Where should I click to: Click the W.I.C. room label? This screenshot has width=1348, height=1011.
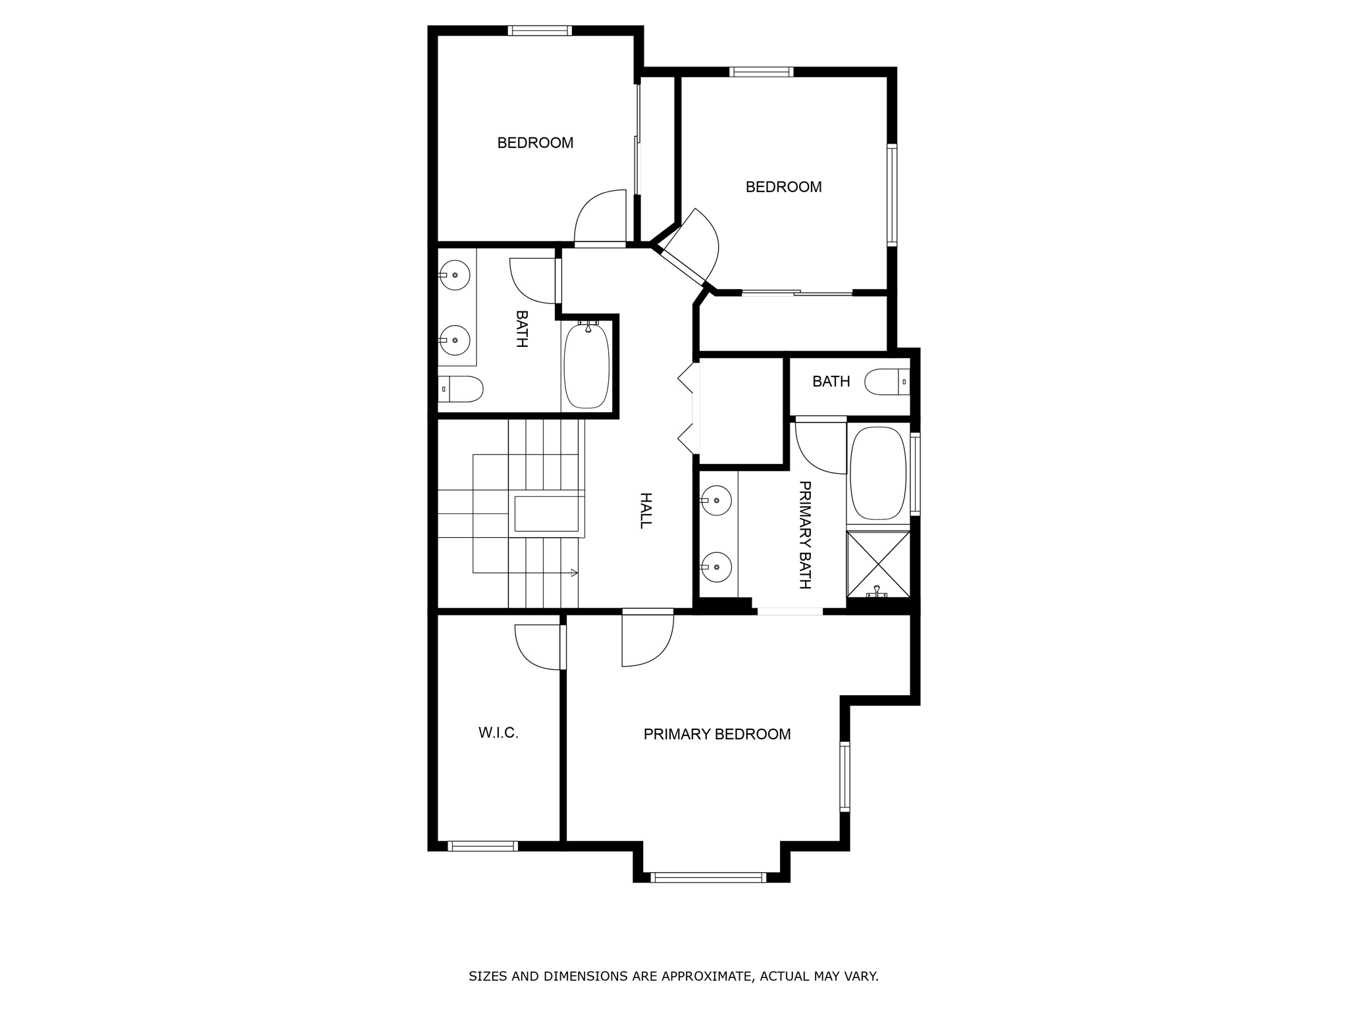point(498,733)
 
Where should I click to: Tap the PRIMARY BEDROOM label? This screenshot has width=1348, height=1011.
point(717,734)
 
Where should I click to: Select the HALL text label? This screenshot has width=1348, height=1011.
point(646,510)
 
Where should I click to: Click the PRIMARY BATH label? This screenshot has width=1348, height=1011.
point(804,534)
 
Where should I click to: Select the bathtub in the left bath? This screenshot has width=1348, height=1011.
point(586,366)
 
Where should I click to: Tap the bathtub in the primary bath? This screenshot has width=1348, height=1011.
point(878,474)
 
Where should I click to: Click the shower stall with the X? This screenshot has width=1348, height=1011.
point(878,565)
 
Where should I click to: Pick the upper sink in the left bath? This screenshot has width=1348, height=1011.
point(455,274)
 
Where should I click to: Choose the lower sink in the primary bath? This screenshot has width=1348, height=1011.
point(716,567)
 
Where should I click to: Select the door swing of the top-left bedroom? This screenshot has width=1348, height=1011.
point(600,217)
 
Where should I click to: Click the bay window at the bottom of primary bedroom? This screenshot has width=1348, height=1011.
point(708,877)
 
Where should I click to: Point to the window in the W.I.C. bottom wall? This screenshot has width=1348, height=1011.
point(482,846)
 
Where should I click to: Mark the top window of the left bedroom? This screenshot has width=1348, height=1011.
point(539,30)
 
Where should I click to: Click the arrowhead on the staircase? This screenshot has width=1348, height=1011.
point(575,573)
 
